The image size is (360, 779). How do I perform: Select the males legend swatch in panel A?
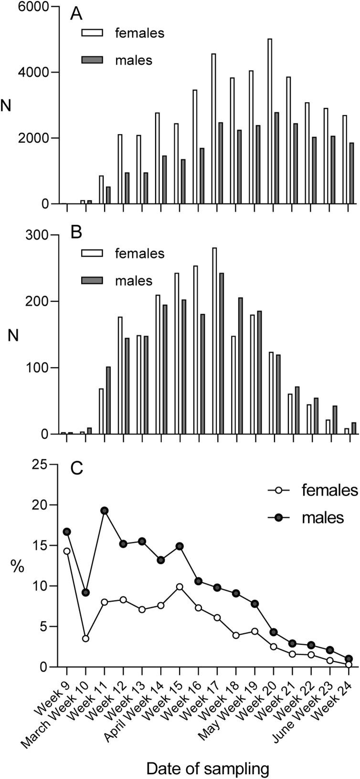[90, 60]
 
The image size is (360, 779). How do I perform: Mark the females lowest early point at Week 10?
[86, 639]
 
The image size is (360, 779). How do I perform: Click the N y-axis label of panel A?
[7, 106]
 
